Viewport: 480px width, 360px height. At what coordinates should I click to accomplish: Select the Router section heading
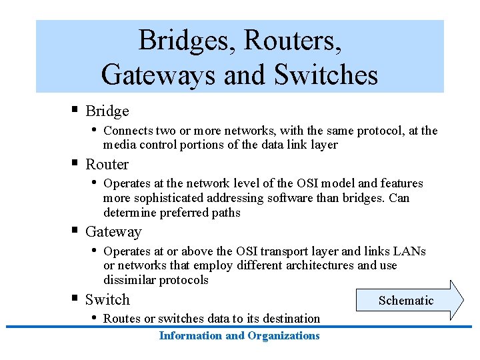coord(107,164)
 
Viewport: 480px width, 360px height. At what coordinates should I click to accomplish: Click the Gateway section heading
coord(113,232)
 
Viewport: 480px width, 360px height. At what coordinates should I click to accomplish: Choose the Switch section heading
coord(107,300)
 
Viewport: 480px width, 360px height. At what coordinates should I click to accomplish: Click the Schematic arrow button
coord(408,301)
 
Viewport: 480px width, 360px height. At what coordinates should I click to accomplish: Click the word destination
coord(290,319)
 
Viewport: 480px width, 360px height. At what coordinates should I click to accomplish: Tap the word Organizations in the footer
coord(283,335)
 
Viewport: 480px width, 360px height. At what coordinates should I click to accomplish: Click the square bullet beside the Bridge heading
coord(75,109)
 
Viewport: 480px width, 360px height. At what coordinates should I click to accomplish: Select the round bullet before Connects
coord(93,129)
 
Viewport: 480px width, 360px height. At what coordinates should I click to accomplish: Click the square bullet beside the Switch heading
coord(75,298)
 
